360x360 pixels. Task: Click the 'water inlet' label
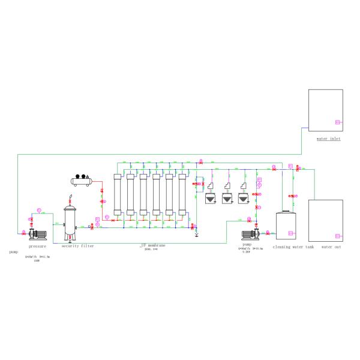coord(329,139)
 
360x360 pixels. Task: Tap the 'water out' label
coord(331,247)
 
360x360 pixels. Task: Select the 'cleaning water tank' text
coord(293,247)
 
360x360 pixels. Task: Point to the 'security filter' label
coord(77,246)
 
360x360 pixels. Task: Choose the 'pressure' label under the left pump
coord(37,246)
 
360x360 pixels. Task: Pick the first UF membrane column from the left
coord(118,194)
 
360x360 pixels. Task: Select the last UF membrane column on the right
coord(182,194)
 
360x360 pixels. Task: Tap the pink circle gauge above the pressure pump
coord(38,209)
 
